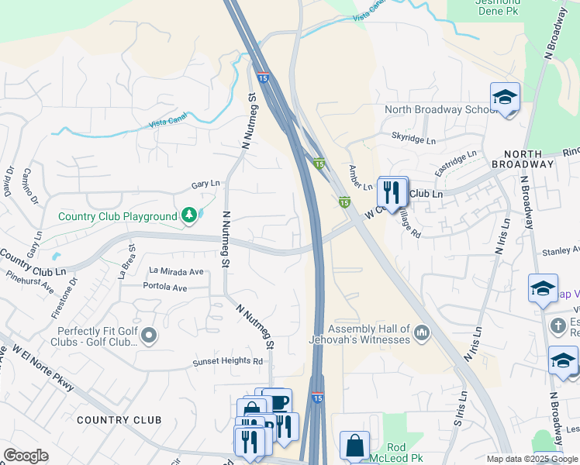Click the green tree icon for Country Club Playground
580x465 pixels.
point(188,215)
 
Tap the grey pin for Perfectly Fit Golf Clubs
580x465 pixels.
point(149,336)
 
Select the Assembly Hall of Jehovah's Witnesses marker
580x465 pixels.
point(422,333)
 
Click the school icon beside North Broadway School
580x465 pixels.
point(505,98)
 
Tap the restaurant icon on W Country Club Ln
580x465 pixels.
point(392,191)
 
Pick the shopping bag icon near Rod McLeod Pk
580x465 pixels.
point(354,446)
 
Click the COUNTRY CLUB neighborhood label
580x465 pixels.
point(119,420)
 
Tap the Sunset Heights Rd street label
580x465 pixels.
point(228,361)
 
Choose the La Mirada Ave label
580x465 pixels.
point(176,271)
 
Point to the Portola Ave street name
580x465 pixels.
point(165,288)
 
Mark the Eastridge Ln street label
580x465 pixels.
point(456,163)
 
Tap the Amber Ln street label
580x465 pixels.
point(361,177)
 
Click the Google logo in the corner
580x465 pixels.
point(26,456)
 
